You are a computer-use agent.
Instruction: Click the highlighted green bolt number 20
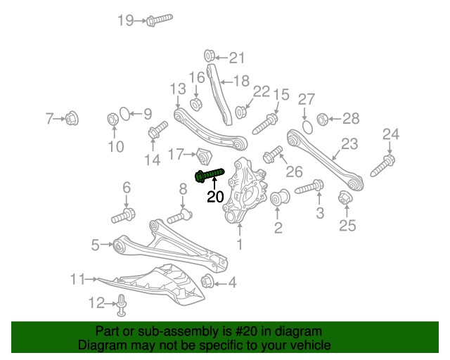point(209,174)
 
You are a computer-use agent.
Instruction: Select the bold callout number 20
point(216,198)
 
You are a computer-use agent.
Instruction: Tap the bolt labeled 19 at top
point(160,20)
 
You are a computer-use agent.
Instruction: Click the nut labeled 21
point(209,56)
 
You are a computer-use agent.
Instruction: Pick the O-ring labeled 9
point(123,113)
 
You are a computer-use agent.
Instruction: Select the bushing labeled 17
point(205,155)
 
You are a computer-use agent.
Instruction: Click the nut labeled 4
point(208,283)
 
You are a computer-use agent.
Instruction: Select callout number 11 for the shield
point(77,279)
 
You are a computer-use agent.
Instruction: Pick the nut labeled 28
point(323,118)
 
